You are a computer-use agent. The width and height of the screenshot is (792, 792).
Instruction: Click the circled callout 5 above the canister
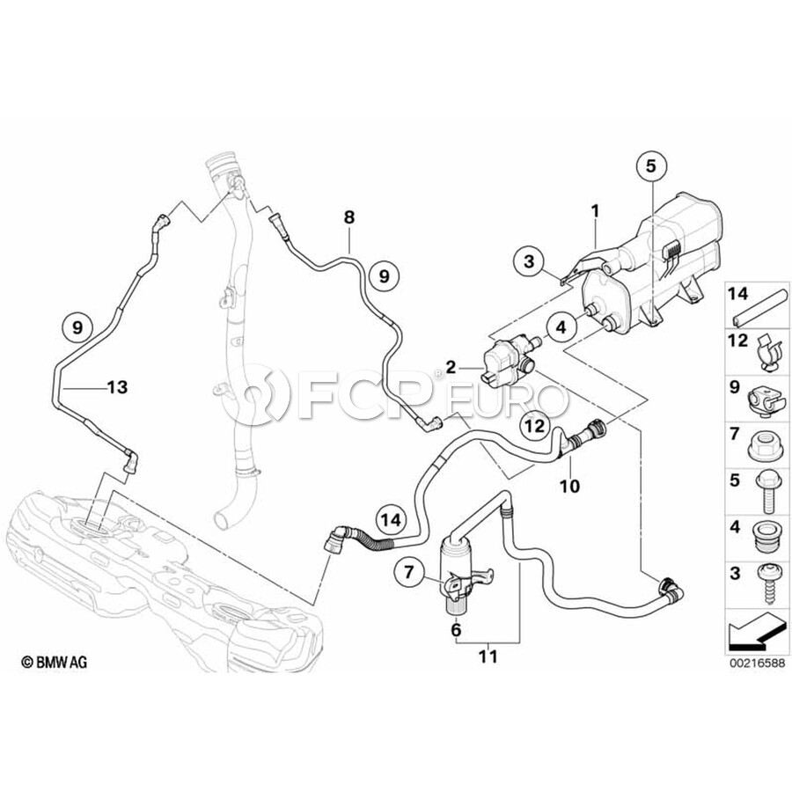click(x=651, y=165)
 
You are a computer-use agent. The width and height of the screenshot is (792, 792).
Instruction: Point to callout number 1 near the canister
click(x=596, y=211)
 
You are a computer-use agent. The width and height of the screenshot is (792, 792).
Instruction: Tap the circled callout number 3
click(x=528, y=261)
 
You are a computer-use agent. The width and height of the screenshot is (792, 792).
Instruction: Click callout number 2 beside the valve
click(x=451, y=365)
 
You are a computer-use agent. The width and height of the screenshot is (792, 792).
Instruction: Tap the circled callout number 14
click(x=391, y=520)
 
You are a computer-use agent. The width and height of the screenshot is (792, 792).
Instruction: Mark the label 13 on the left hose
click(x=117, y=386)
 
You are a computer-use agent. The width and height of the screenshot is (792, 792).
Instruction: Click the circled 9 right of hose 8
click(x=383, y=275)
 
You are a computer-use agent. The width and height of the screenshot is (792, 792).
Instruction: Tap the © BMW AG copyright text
click(x=55, y=661)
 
